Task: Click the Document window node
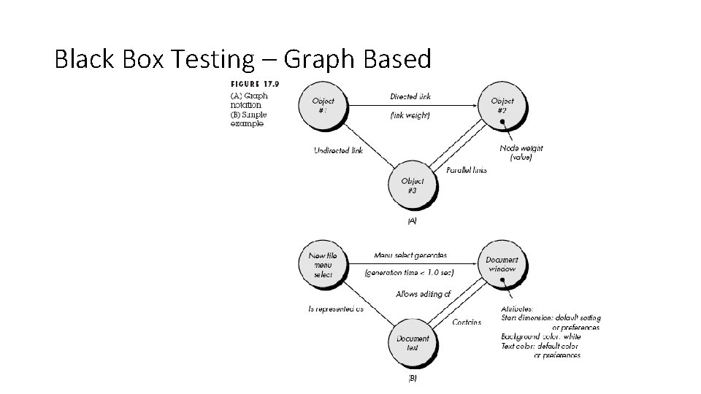coord(502,264)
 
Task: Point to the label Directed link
coord(410,96)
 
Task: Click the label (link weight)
coord(410,115)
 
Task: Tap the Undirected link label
coord(338,151)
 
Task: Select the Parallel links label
coord(466,170)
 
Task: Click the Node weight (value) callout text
coord(521,152)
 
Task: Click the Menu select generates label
coord(410,255)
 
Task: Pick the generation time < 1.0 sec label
coord(409,273)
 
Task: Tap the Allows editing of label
coord(424,294)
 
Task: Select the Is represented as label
coord(335,309)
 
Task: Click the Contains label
coord(467,322)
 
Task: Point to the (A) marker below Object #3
coord(412,220)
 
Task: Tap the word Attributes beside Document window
coord(518,309)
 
